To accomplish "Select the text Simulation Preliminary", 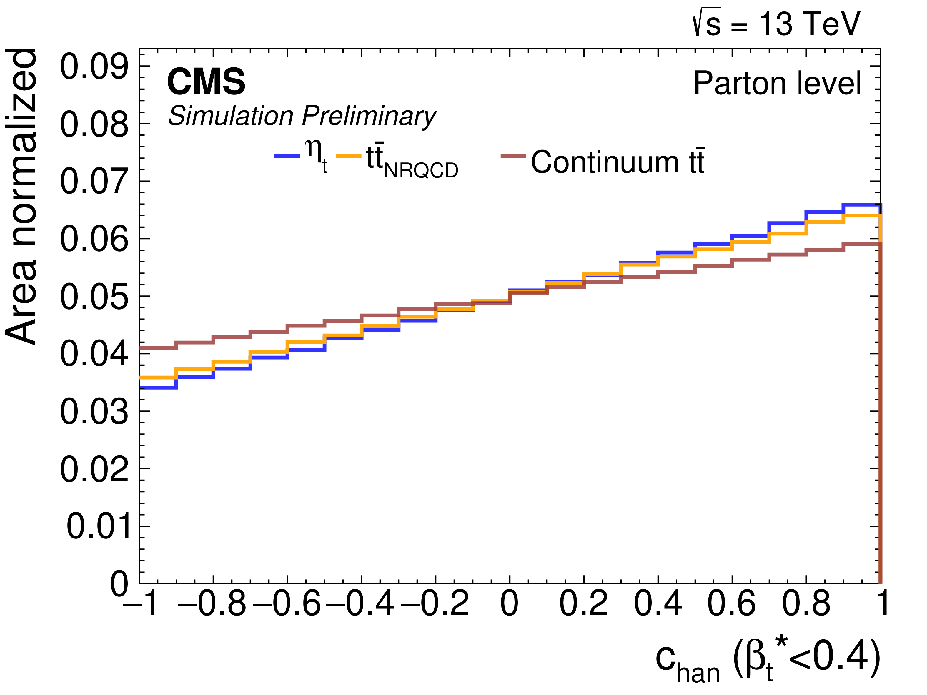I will coord(302,116).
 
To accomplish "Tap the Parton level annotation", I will coord(777,83).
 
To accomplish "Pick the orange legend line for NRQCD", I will coord(349,156).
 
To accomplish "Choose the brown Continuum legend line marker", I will coord(513,156).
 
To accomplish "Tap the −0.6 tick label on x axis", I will coord(287,603).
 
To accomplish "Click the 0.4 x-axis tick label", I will coord(658,603).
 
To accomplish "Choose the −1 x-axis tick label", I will coord(140,603).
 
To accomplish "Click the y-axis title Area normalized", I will coord(21,197).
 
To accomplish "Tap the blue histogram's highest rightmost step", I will coord(862,204).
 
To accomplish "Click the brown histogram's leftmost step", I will coord(158,348).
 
